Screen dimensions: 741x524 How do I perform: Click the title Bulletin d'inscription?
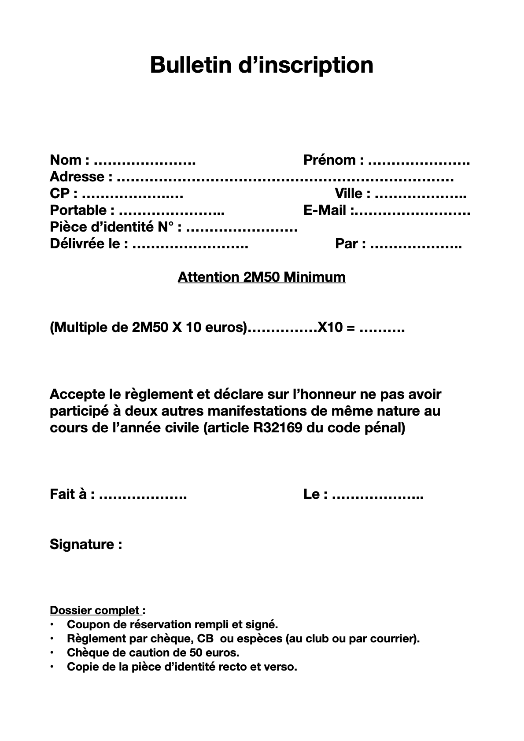click(262, 65)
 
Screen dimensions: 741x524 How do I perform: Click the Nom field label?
click(66, 160)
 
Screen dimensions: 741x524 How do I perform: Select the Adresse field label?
click(77, 177)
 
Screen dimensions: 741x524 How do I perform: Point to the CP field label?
click(59, 193)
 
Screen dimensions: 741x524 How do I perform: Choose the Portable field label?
click(78, 210)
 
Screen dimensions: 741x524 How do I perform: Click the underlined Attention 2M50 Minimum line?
click(262, 277)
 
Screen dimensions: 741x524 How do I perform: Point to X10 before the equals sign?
click(330, 328)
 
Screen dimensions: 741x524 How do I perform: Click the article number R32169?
click(278, 428)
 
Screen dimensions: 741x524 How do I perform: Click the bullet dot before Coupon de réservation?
click(52, 624)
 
